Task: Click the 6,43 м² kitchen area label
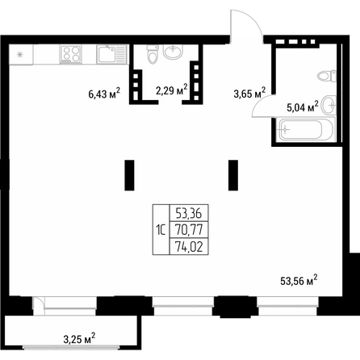[104, 93]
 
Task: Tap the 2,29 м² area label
[171, 90]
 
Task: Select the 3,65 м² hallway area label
[249, 93]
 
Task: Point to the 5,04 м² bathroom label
[303, 107]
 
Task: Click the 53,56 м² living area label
[299, 280]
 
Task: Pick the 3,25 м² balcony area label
[79, 338]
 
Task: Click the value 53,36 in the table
[189, 213]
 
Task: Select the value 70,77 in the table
[189, 230]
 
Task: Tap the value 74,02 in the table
[189, 246]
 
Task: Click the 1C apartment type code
[161, 230]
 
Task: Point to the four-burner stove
[71, 54]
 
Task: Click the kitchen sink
[111, 54]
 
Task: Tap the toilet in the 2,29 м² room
[153, 54]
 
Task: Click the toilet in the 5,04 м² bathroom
[327, 76]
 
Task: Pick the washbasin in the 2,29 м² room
[174, 52]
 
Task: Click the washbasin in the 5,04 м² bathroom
[329, 105]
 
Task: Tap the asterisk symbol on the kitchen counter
[20, 55]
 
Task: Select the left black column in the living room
[129, 175]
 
